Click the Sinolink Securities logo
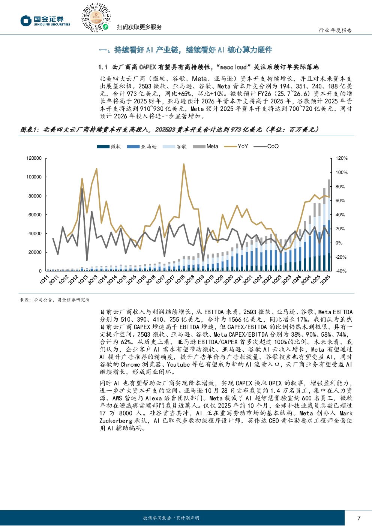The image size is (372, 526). click(x=45, y=21)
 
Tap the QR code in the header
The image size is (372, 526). click(x=96, y=18)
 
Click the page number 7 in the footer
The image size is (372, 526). click(x=359, y=518)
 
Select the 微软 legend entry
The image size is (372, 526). click(x=109, y=147)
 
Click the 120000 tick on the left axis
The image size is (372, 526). click(x=34, y=159)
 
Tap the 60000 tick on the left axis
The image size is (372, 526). click(x=35, y=215)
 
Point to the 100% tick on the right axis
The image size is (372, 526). click(x=342, y=172)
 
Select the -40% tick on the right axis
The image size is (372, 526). click(x=341, y=271)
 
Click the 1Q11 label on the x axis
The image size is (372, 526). click(x=44, y=279)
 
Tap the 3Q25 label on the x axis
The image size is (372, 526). click(x=325, y=279)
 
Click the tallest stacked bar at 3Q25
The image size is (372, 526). click(x=329, y=225)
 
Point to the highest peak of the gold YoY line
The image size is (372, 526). click(x=184, y=164)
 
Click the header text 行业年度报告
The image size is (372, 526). click(x=335, y=30)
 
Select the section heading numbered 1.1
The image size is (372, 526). click(x=208, y=67)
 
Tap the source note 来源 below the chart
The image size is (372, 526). click(x=55, y=300)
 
